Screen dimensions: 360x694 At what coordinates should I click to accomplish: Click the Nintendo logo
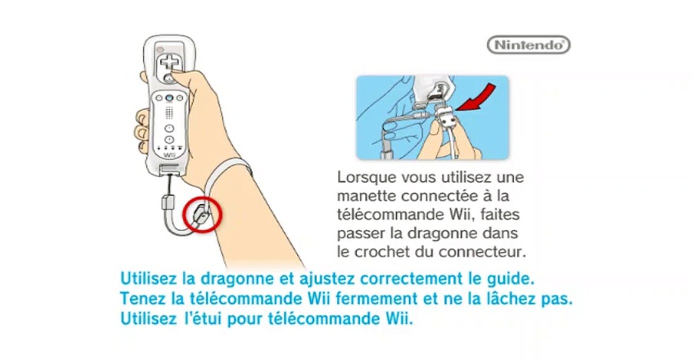(x=528, y=45)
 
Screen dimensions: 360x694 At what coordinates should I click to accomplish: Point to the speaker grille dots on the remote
(x=169, y=112)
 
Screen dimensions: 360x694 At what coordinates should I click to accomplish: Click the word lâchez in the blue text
(x=509, y=299)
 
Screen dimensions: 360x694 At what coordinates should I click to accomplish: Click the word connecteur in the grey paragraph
(x=483, y=252)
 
